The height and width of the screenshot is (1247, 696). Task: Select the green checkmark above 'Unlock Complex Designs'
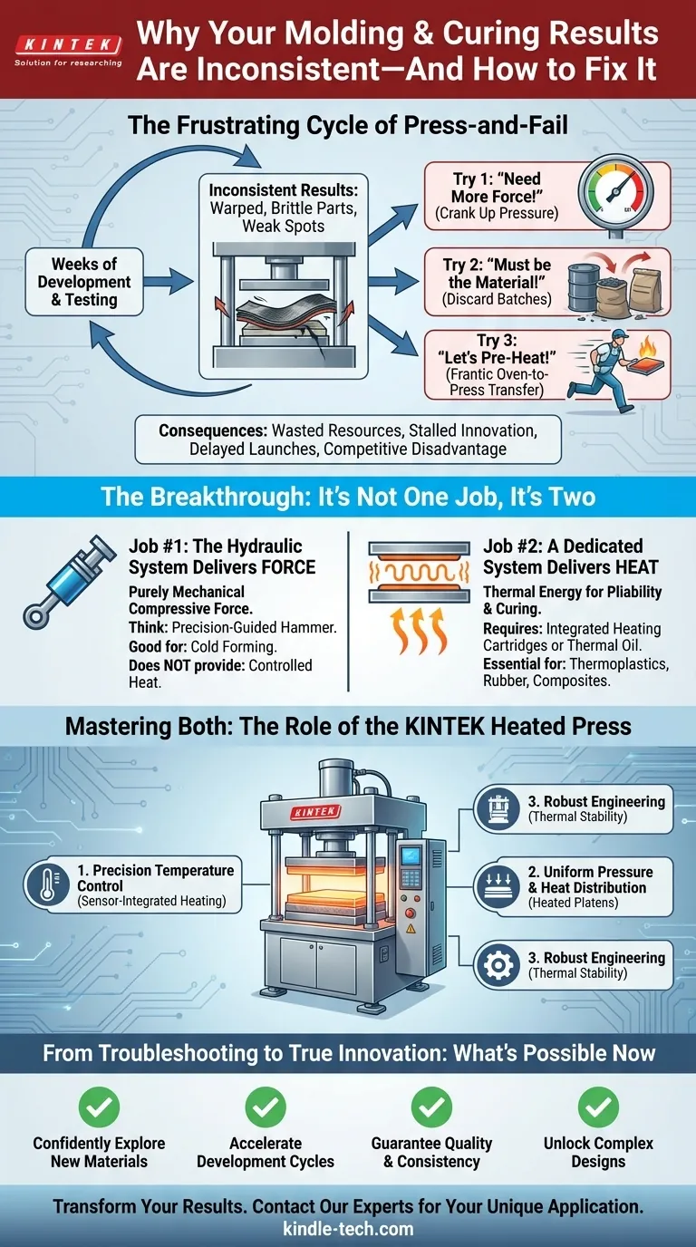click(x=598, y=1107)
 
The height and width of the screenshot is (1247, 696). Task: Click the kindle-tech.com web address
click(x=348, y=1230)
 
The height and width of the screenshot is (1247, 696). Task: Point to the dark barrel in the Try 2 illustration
click(x=589, y=287)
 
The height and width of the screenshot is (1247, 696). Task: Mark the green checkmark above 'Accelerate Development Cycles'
click(x=265, y=1107)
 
